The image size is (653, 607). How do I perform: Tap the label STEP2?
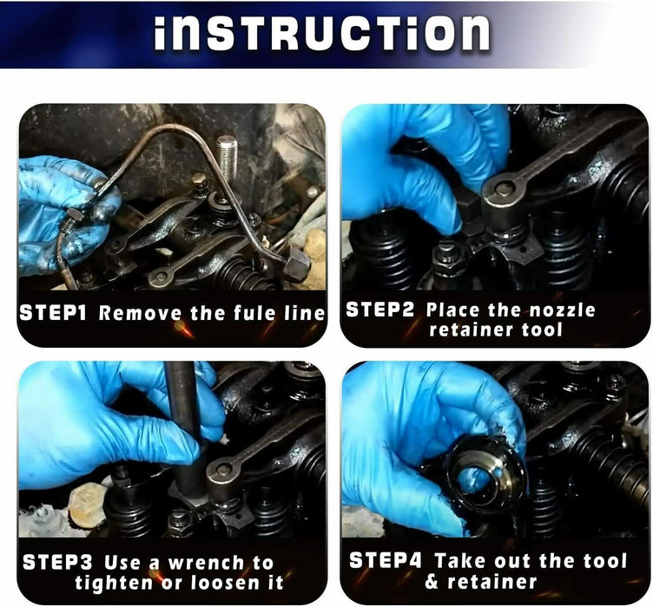point(379,310)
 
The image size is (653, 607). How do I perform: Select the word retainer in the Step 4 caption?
point(494,582)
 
